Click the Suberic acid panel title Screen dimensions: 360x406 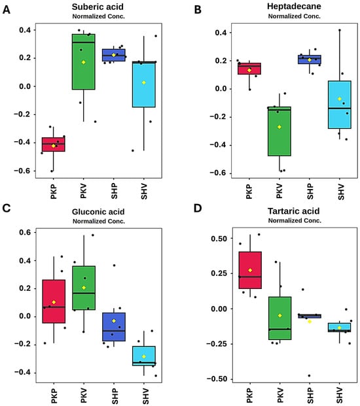98,7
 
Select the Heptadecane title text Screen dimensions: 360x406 294,7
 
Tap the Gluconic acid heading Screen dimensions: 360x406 98,212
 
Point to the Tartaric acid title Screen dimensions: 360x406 293,211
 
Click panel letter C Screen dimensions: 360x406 7,208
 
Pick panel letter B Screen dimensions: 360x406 198,10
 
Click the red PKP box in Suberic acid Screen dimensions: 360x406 54,144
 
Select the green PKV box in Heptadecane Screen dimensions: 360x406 279,131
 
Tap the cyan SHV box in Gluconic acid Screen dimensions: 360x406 144,356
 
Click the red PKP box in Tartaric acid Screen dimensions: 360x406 250,270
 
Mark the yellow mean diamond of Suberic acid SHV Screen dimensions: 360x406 144,82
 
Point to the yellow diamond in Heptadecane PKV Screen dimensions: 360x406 279,127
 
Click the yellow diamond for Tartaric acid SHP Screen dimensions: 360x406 310,322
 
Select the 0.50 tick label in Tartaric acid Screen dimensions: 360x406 219,239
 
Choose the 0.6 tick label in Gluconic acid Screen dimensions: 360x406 25,233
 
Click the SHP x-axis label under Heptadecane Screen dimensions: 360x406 310,192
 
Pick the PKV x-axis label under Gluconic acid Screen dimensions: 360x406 84,396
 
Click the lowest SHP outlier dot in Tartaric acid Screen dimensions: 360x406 309,376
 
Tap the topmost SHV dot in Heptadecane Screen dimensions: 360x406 340,30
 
